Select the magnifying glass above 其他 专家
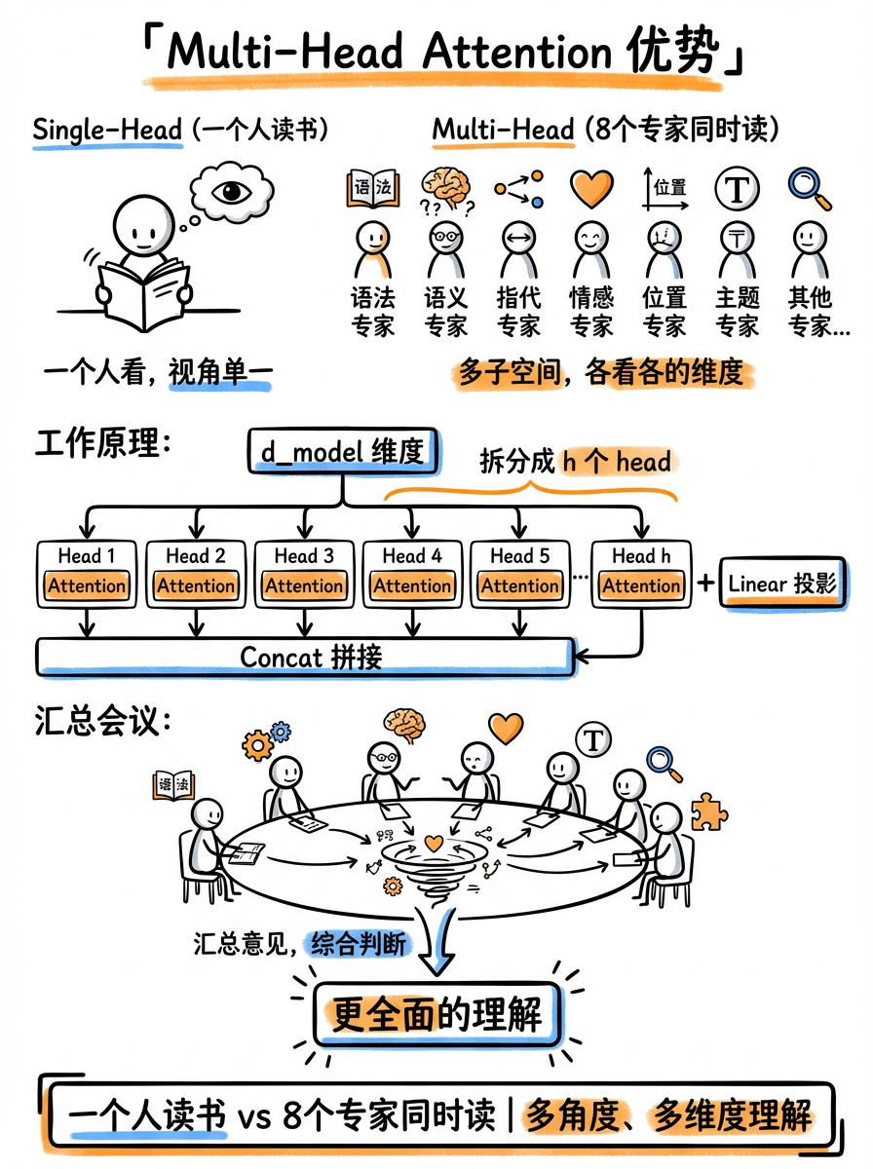pyautogui.click(x=810, y=188)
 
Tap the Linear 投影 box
pyautogui.click(x=781, y=584)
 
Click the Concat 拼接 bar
pyautogui.click(x=304, y=657)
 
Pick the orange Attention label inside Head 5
pyautogui.click(x=520, y=586)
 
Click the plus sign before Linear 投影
pyautogui.click(x=704, y=584)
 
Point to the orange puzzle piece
pyautogui.click(x=708, y=811)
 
